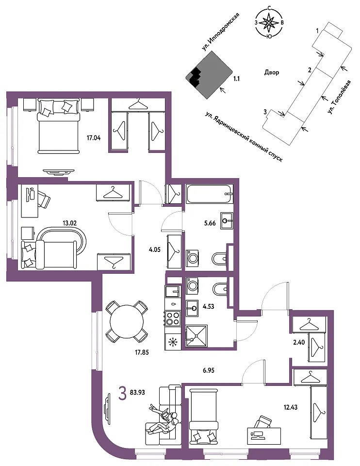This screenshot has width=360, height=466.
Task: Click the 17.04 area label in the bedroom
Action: coord(94,138)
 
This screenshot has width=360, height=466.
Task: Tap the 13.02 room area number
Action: coord(70,223)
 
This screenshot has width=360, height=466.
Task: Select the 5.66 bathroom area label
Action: coord(210,223)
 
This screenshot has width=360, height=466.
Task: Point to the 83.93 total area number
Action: coord(137,392)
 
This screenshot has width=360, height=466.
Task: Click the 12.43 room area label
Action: coord(291,407)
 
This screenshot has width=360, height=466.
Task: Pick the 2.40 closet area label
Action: coord(299,342)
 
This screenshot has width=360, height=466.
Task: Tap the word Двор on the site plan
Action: coord(272,72)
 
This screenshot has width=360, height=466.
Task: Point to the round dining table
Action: coord(127,321)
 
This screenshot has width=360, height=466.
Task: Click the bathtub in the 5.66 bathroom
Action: coord(210,194)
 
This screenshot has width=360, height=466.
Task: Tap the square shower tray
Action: coord(196,336)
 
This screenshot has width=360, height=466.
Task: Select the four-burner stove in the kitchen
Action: coord(172,318)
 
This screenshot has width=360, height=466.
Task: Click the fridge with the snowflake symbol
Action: coord(172,341)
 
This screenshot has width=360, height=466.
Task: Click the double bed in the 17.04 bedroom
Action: coord(59,127)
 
